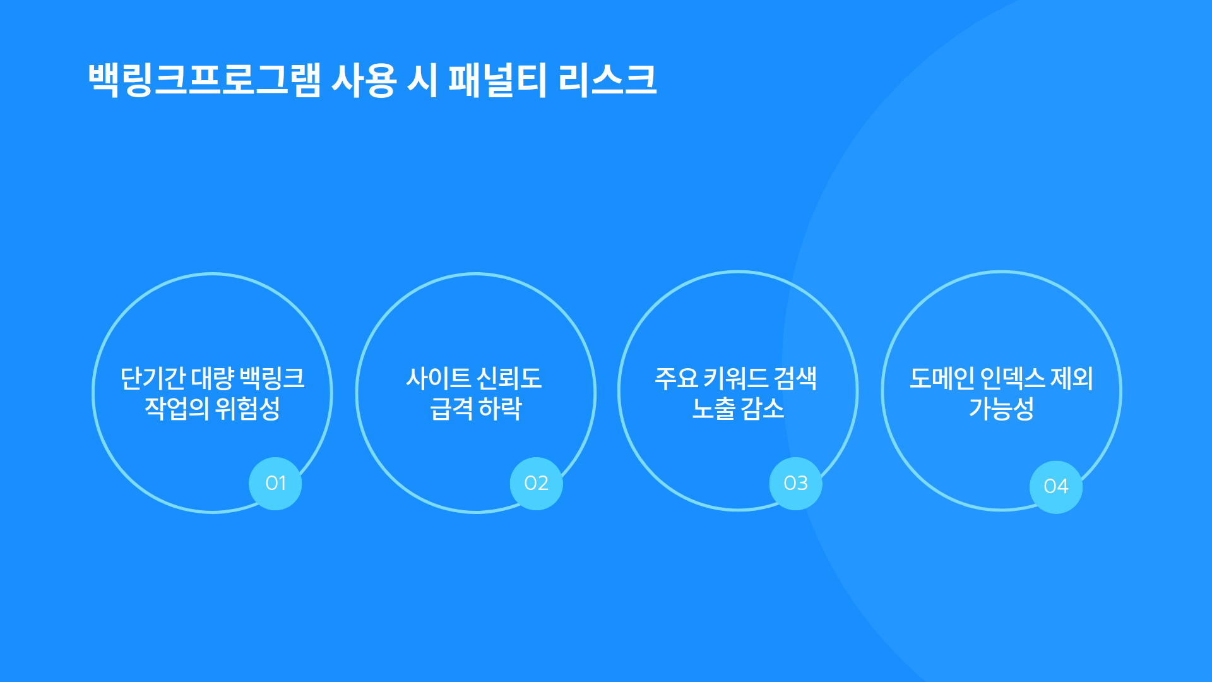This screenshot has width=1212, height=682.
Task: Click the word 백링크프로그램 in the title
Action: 205,80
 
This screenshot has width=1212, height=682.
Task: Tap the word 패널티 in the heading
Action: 497,80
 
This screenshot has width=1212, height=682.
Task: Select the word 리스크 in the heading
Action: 607,80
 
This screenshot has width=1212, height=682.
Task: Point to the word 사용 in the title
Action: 364,80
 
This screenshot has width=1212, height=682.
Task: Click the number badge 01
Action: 275,484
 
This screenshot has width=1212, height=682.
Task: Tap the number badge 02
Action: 537,484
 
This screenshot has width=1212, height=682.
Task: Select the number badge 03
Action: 796,484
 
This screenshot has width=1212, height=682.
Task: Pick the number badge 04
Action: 1056,487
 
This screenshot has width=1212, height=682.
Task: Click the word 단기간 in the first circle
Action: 153,379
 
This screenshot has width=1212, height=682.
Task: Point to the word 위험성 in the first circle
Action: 247,409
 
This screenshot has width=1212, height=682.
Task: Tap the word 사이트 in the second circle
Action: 439,379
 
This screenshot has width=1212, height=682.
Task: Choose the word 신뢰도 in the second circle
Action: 509,379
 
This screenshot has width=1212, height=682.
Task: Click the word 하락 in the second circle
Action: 500,409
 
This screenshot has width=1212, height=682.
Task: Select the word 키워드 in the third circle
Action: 735,379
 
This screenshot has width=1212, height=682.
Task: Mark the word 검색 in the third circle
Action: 795,379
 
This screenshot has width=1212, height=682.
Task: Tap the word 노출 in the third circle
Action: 714,409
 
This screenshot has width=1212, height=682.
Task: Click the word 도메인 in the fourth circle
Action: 942,379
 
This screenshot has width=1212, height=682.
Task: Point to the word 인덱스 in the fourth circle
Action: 1013,379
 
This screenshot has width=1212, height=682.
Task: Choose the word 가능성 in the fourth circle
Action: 1001,409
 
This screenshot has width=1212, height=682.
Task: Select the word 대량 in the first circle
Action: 213,379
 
